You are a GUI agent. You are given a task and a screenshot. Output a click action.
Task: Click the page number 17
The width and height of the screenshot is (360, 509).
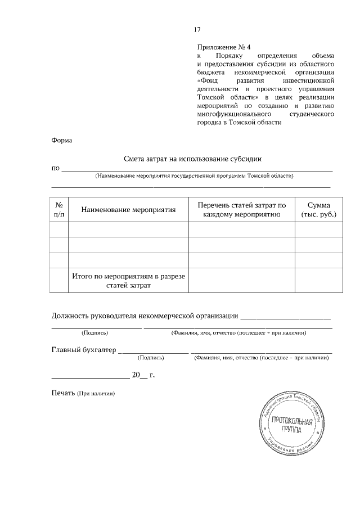197,30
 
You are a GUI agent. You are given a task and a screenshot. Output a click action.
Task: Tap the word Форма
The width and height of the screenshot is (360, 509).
62,140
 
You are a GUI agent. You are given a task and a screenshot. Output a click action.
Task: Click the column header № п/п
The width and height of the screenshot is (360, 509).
59,210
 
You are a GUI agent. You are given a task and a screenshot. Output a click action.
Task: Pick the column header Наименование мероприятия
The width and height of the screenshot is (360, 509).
129,210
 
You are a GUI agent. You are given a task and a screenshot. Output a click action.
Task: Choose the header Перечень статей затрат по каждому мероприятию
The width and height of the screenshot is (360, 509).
242,210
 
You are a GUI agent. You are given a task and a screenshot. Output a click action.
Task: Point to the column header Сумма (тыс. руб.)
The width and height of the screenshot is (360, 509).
319,210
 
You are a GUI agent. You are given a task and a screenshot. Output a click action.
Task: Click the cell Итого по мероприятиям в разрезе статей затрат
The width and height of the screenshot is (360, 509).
129,281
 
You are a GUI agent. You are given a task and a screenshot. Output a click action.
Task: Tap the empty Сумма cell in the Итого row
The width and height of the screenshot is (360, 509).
319,281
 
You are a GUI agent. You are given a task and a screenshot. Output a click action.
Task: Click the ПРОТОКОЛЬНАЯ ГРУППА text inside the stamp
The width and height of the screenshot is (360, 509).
290,425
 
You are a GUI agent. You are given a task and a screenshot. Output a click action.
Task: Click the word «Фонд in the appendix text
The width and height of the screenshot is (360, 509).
209,80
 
